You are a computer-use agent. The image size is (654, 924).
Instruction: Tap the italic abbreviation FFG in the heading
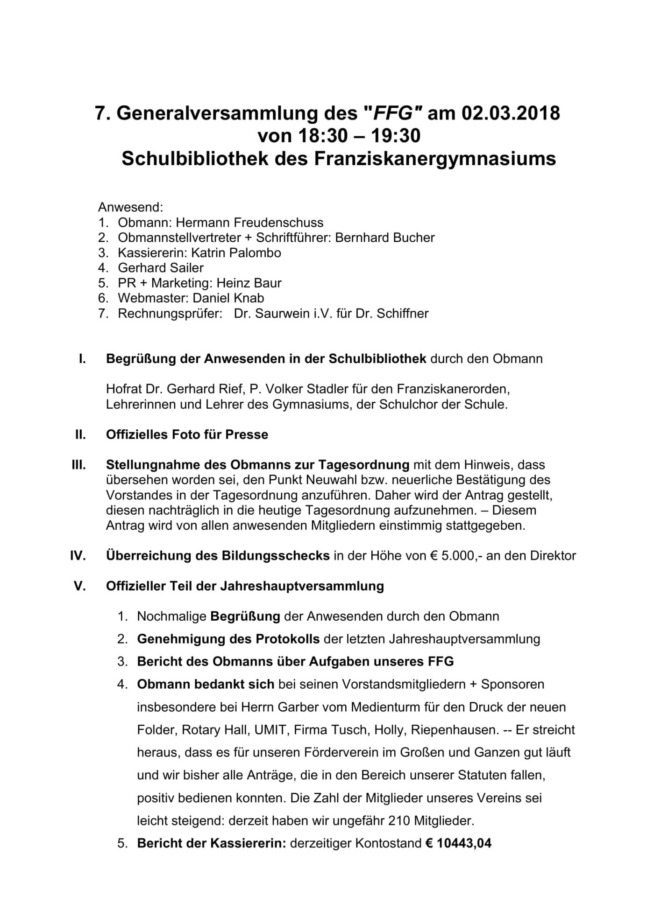[394, 113]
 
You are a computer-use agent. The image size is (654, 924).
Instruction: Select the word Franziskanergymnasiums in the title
[434, 159]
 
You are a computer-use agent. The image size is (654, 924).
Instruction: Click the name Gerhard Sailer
[161, 268]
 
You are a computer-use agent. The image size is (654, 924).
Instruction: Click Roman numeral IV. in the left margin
[78, 556]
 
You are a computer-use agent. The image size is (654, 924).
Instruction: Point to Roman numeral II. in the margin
[80, 435]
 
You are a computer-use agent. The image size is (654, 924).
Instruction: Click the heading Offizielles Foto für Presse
[187, 435]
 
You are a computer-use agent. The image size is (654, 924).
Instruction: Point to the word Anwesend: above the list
[130, 207]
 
